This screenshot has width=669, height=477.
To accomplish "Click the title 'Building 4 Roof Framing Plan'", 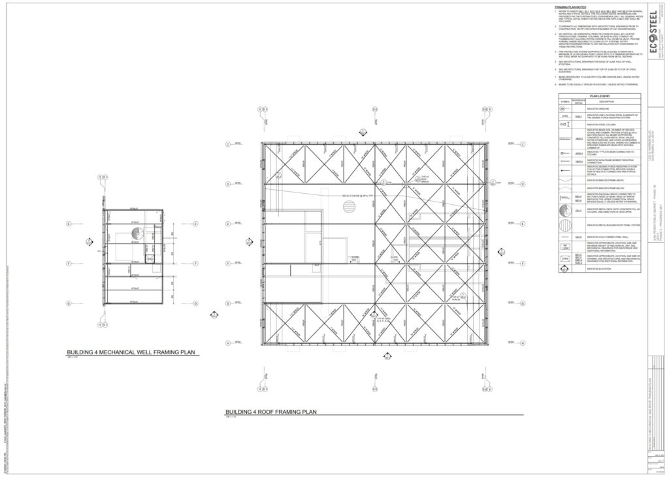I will (270, 412).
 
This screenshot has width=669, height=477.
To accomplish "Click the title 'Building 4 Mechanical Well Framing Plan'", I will (131, 352).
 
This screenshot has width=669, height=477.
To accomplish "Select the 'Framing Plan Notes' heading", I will (570, 7).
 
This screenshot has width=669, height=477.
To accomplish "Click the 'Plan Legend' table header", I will (599, 95).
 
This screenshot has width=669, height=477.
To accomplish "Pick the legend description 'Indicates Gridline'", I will (598, 108).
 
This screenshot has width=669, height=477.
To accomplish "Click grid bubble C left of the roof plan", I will (228, 144).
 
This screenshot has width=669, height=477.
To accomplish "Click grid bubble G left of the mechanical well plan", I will (68, 303).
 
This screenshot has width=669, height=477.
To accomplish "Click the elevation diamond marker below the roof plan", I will (387, 358).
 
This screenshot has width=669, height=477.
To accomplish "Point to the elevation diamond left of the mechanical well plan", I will (88, 241).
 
